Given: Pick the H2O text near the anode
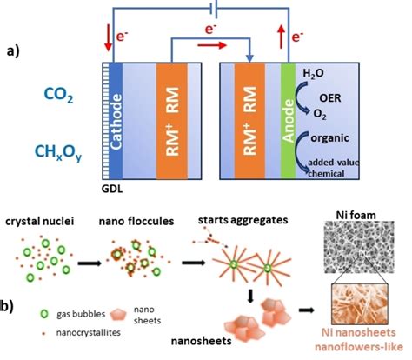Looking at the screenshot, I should click(314, 77).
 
